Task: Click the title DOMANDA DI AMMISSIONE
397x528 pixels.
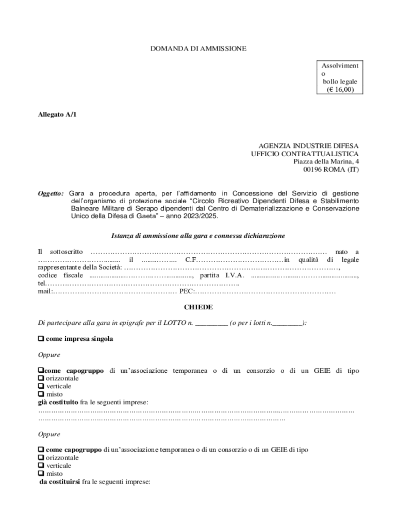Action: (198, 48)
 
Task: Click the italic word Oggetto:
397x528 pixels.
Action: (51, 193)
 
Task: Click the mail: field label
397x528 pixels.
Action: (45, 292)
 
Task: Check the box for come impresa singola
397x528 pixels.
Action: (41, 339)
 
